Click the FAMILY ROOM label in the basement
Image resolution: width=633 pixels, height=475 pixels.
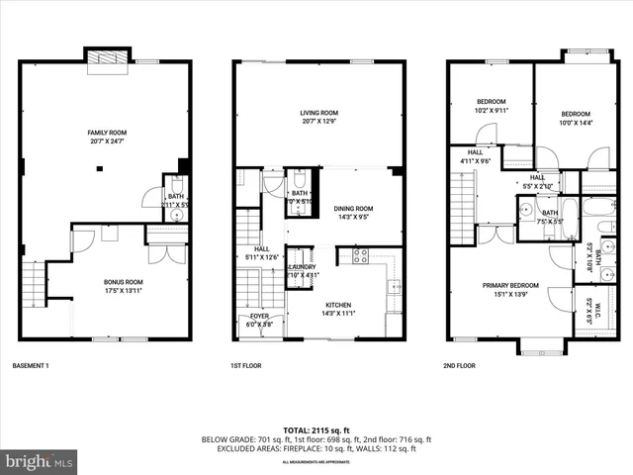tap(107, 133)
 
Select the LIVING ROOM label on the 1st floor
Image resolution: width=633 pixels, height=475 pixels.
tap(319, 113)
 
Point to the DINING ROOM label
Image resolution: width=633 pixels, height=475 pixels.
tap(352, 209)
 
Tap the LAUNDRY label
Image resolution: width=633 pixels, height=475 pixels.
tap(301, 267)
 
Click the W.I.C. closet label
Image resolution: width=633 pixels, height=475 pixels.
tap(599, 316)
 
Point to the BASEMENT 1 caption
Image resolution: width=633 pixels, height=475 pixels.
tap(31, 366)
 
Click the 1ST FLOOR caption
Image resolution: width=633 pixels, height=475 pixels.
tap(244, 366)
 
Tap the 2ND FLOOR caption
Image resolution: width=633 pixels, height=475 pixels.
tap(459, 366)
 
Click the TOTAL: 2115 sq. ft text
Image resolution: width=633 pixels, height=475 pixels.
tap(316, 429)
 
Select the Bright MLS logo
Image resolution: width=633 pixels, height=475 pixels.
tap(40, 461)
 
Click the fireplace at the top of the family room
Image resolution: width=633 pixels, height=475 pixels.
tap(107, 63)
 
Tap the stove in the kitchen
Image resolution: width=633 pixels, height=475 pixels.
tap(361, 255)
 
